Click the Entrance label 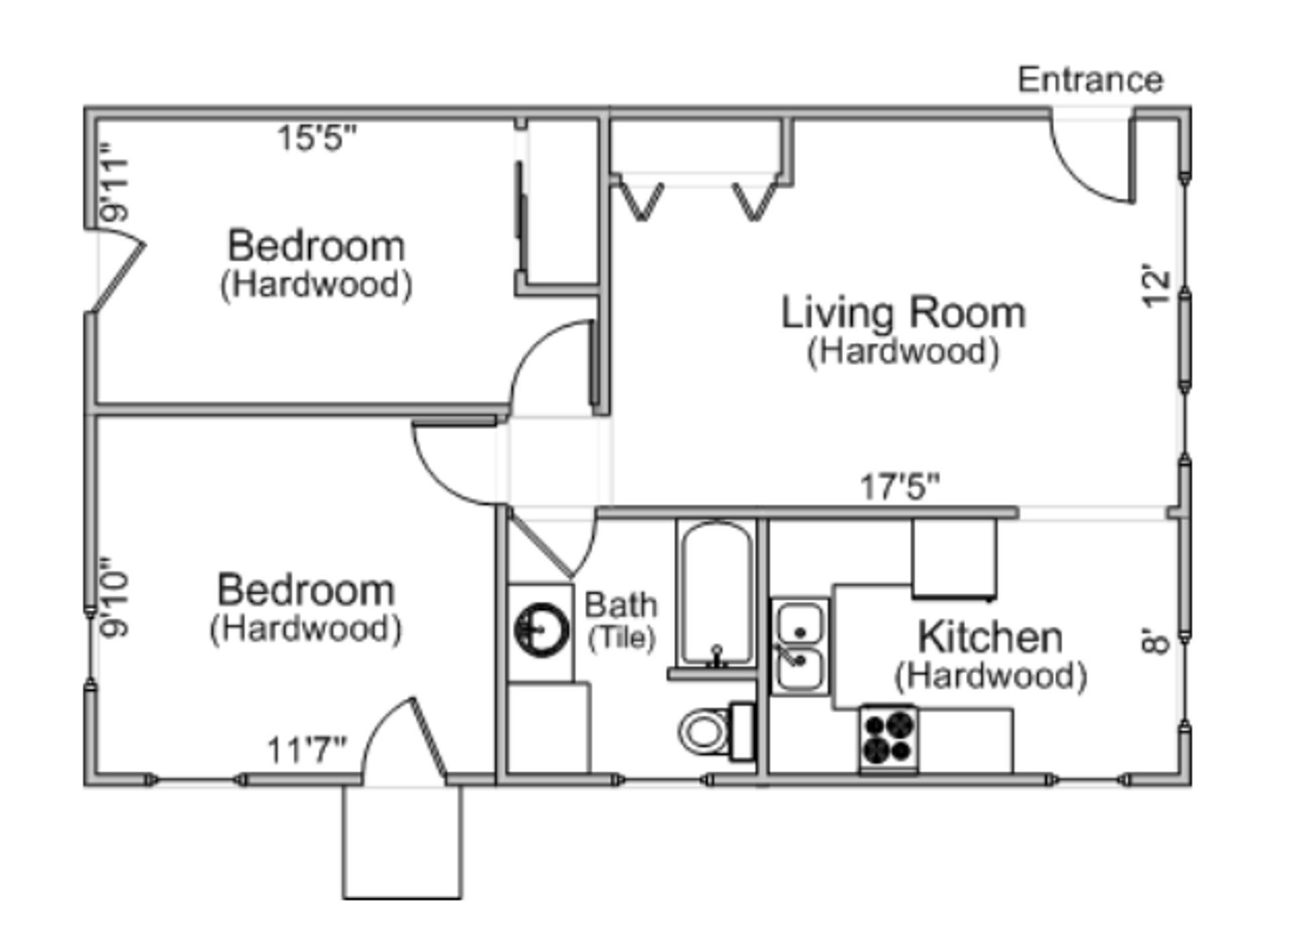point(1090,80)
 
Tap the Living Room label point(903,313)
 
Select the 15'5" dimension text point(317,138)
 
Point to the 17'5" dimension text point(900,487)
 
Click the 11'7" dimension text point(307,750)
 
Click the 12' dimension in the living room point(1156,289)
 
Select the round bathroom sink point(541,630)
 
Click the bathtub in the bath point(716,594)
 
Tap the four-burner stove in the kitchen point(888,738)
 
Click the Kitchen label point(990,637)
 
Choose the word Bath point(620,605)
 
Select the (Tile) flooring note point(621,638)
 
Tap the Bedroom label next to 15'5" point(316,246)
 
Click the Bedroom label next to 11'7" point(306,591)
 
